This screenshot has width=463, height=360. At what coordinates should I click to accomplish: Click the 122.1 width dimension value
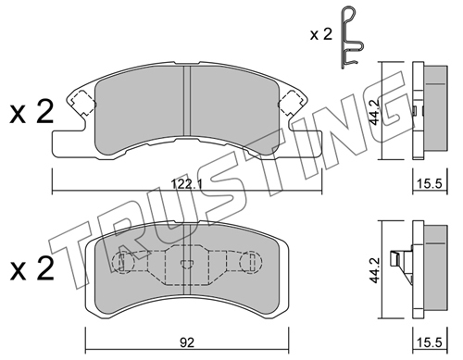click(x=186, y=185)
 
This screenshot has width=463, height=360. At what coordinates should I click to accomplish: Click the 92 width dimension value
click(x=187, y=342)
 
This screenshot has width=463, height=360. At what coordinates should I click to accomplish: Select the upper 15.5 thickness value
click(x=430, y=184)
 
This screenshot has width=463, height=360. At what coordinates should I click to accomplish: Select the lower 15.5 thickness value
click(x=430, y=342)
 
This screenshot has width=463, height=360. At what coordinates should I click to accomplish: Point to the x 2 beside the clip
click(x=321, y=34)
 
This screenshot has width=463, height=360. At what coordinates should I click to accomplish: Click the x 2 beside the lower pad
click(x=31, y=268)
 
